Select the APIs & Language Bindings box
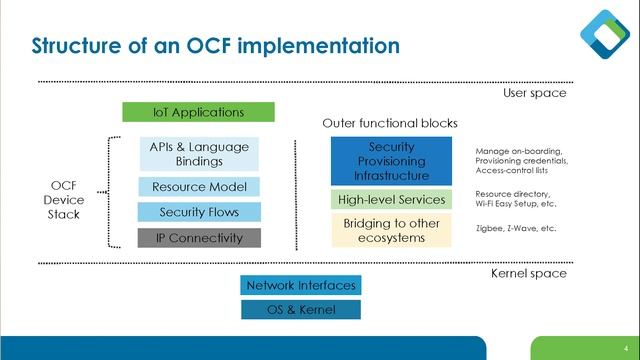click(x=198, y=154)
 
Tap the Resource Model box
click(x=198, y=187)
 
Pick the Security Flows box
click(x=198, y=212)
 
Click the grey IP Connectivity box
click(x=198, y=238)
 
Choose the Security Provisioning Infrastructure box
click(x=391, y=161)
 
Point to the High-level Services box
click(x=391, y=199)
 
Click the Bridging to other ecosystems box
click(x=391, y=230)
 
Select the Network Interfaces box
click(x=300, y=285)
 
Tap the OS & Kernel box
click(x=300, y=310)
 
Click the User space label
click(x=534, y=93)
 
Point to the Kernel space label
click(x=529, y=273)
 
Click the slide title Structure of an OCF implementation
click(x=216, y=46)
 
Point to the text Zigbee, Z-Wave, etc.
click(x=515, y=229)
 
